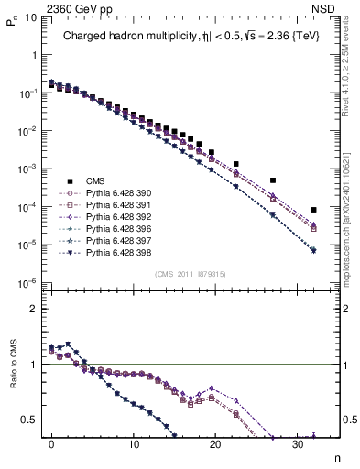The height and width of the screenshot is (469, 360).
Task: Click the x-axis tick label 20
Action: pyautogui.click(x=215, y=445)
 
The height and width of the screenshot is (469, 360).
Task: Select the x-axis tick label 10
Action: pyautogui.click(x=134, y=445)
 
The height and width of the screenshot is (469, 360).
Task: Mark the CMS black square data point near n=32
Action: pyautogui.click(x=314, y=210)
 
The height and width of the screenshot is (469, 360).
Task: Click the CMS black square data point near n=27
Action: pyautogui.click(x=273, y=180)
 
